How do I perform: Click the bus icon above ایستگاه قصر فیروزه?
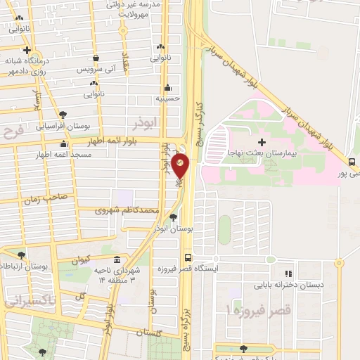[188, 258]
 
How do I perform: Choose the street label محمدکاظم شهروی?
[128, 210]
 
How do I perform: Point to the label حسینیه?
[167, 98]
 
